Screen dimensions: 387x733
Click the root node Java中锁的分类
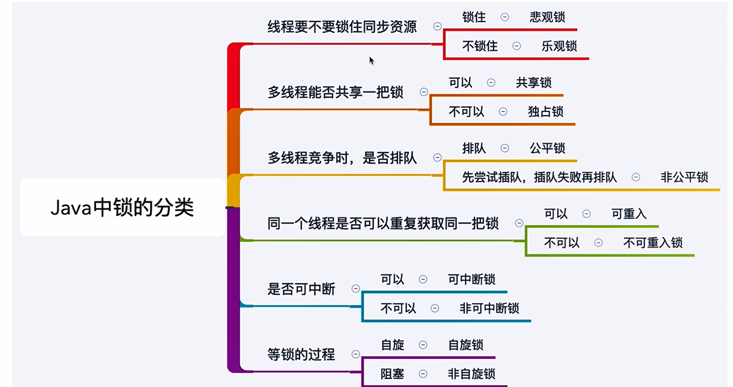click(x=122, y=207)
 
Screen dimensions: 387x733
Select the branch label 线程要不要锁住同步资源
click(x=342, y=27)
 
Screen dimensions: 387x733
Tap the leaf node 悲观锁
click(x=547, y=17)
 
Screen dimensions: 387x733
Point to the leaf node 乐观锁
click(x=559, y=46)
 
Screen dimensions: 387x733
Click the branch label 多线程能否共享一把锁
click(x=335, y=92)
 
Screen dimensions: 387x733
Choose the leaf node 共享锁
click(x=533, y=83)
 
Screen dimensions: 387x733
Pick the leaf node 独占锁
click(x=545, y=112)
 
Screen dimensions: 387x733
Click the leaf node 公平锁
click(x=547, y=148)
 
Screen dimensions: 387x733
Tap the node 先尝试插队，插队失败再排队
click(x=539, y=177)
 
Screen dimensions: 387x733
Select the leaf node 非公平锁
click(x=684, y=177)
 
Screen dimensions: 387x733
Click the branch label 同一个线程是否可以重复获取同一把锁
click(x=383, y=224)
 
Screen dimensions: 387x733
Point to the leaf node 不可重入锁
click(x=652, y=243)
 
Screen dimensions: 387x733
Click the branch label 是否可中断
click(x=301, y=289)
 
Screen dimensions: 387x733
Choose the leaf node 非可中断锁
click(x=489, y=309)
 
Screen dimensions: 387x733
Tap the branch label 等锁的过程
click(x=301, y=354)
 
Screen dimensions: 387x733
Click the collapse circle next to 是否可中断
click(x=356, y=289)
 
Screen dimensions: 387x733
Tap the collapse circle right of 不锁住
click(x=517, y=46)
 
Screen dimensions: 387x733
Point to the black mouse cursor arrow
click(x=371, y=60)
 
